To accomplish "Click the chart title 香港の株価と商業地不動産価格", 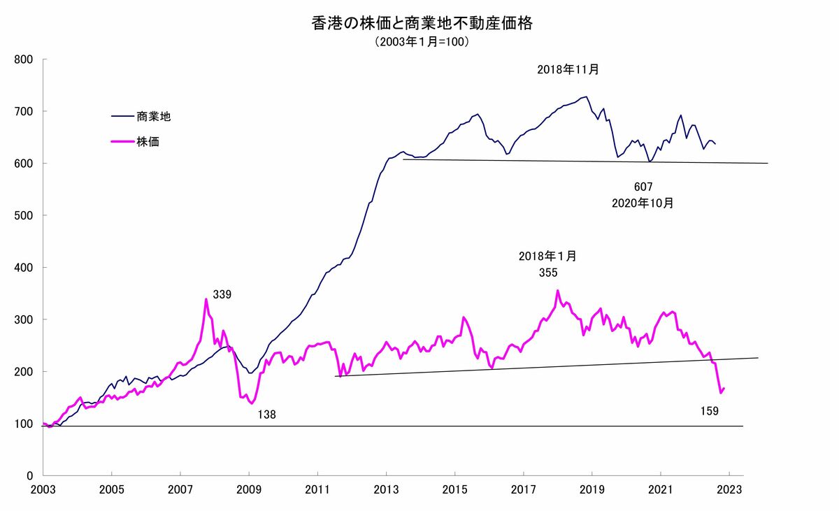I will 422,24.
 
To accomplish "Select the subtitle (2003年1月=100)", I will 422,42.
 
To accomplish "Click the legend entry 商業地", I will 154,117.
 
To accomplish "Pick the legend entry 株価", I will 149,142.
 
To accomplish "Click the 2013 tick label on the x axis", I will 387,489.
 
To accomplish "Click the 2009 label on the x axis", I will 250,489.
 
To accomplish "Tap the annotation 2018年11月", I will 568,70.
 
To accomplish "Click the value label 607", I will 643,187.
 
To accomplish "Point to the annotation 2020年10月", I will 643,203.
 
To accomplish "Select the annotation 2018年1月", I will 548,257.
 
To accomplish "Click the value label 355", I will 548,273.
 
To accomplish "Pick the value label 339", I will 222,295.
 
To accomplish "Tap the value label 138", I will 266,415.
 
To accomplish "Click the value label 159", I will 710,410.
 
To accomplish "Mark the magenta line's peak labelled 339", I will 206,299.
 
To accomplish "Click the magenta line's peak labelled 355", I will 557,291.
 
